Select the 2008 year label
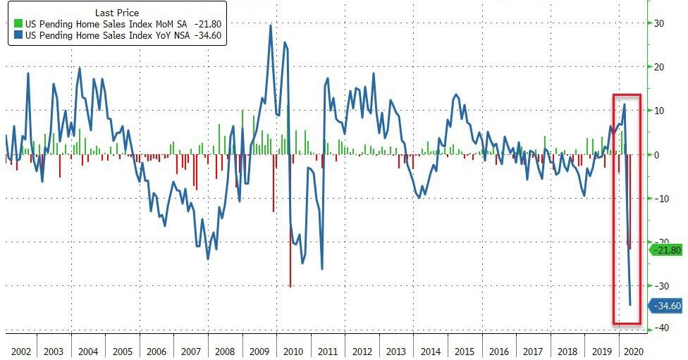(226, 350)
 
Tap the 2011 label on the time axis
(327, 350)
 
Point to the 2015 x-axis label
(464, 350)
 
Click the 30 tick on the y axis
(660, 23)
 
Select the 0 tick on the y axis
(657, 154)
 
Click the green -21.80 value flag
(667, 250)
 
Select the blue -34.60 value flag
(667, 306)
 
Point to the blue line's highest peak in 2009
(271, 25)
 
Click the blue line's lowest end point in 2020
(629, 305)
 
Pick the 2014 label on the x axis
(430, 350)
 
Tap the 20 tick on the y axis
(660, 67)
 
